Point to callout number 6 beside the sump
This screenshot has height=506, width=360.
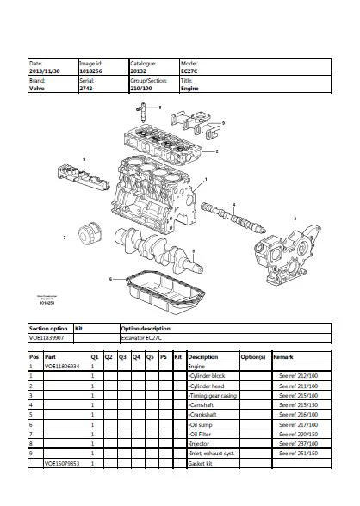click(x=110, y=279)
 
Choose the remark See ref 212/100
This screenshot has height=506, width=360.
click(x=298, y=375)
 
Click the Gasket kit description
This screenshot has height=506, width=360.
click(x=202, y=463)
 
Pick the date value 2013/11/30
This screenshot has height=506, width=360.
click(x=45, y=70)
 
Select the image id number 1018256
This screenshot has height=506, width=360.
click(x=90, y=70)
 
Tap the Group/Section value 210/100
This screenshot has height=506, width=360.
click(x=141, y=87)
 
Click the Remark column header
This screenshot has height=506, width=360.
click(x=283, y=355)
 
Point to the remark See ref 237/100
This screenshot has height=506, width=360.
click(x=298, y=443)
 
